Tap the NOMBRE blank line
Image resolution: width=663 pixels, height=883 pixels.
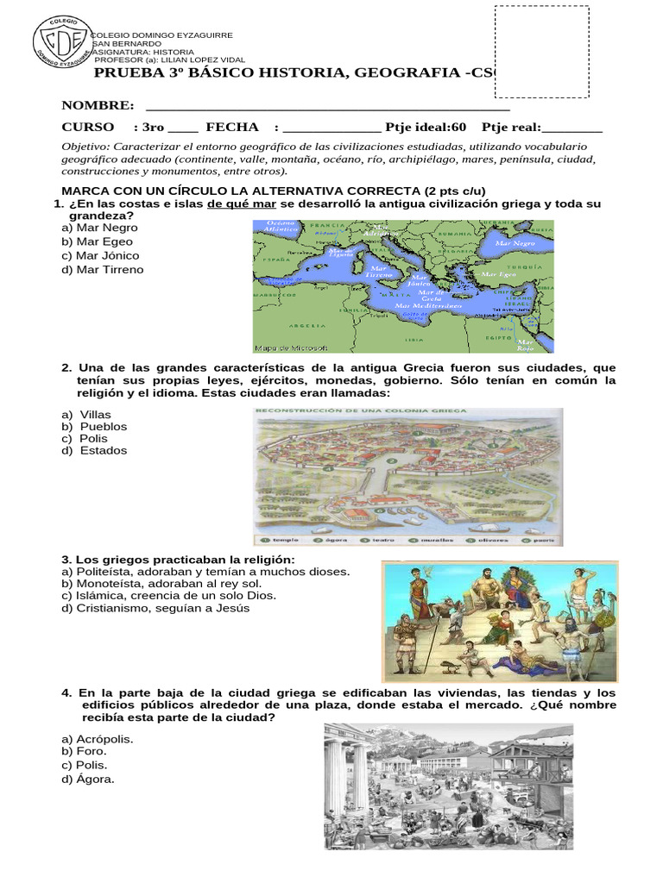tap(328, 107)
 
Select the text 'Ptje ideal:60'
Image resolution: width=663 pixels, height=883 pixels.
tap(426, 128)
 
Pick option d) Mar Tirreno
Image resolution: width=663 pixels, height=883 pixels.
tap(102, 269)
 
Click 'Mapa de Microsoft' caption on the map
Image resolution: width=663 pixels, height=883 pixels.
tap(289, 348)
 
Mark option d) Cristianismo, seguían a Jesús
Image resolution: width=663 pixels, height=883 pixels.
tap(155, 607)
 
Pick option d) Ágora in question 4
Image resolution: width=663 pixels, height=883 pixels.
tap(87, 779)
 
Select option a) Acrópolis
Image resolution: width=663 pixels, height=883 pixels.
tap(97, 739)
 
